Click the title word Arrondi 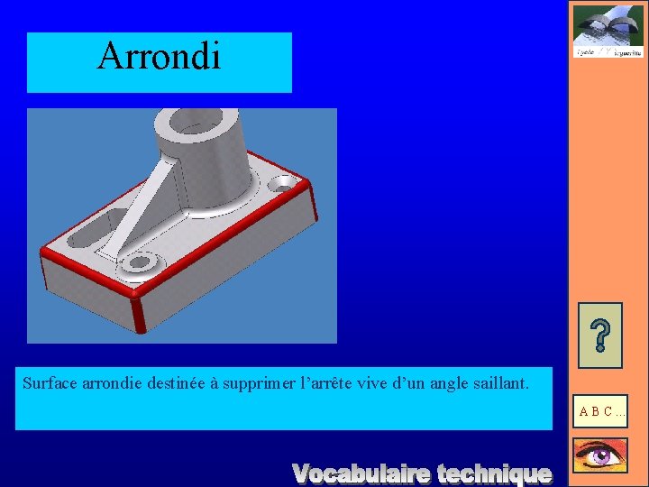[x=159, y=56]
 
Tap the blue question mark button [x=599, y=335]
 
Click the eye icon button [x=599, y=456]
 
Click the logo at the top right [x=608, y=32]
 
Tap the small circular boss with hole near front [x=139, y=262]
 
